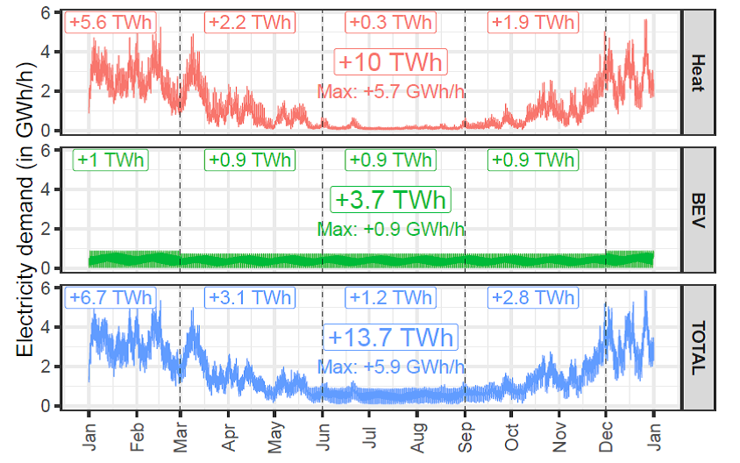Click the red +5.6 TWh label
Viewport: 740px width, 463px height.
110,22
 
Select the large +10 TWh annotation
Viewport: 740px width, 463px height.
391,63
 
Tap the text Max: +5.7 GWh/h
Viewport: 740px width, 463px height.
391,91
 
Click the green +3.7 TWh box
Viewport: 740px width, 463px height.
391,200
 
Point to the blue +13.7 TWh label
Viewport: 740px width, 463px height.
391,338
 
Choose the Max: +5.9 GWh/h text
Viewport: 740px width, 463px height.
391,367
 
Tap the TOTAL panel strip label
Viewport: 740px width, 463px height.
698,348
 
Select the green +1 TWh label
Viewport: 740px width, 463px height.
110,160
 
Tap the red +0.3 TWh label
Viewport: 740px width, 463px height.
391,22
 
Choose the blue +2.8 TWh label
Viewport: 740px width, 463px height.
533,297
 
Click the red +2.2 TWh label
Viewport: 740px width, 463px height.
249,22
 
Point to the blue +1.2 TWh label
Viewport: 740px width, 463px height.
391,297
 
